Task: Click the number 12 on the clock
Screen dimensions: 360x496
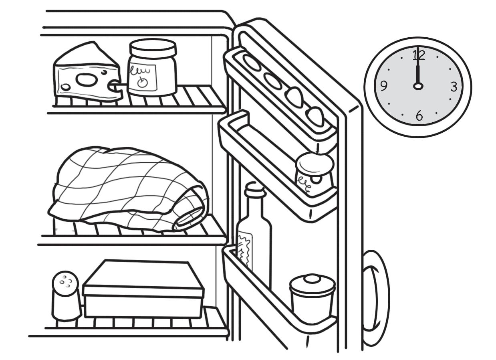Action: pos(419,55)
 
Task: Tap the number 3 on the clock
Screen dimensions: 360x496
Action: pos(453,86)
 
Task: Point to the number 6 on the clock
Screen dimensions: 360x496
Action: pos(419,116)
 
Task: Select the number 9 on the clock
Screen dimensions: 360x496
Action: pos(384,86)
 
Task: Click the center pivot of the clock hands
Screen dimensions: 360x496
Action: pos(418,86)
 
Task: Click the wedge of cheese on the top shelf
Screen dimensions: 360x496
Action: pos(86,74)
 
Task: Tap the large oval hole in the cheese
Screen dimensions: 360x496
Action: pos(86,80)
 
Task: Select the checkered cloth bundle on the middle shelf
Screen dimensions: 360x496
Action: pos(128,188)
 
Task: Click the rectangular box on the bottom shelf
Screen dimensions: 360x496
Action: pos(143,289)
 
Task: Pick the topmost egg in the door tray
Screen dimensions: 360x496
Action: pos(252,62)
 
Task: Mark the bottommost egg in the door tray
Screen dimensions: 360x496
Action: pos(315,116)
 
